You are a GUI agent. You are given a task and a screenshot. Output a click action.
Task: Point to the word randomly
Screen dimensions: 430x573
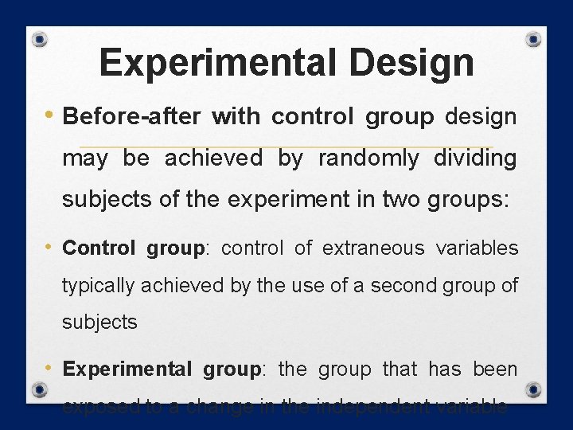click(x=368, y=158)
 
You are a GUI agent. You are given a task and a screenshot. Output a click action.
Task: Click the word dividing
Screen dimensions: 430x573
click(x=475, y=158)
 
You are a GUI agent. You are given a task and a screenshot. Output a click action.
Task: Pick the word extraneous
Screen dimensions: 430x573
click(x=373, y=248)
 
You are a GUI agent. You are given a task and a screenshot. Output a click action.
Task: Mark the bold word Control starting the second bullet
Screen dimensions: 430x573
click(x=99, y=248)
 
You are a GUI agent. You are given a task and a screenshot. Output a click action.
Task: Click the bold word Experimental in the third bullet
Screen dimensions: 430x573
click(x=127, y=369)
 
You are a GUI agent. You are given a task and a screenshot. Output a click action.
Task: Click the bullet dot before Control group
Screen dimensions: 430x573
click(x=51, y=246)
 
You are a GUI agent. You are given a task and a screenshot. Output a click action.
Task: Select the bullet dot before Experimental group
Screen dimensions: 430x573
click(x=51, y=367)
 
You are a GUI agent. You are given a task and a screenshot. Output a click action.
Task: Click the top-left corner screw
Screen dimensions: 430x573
click(x=41, y=40)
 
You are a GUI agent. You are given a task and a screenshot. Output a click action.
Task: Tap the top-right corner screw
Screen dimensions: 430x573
click(x=535, y=39)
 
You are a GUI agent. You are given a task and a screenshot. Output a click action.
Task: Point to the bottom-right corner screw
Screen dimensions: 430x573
click(x=534, y=390)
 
